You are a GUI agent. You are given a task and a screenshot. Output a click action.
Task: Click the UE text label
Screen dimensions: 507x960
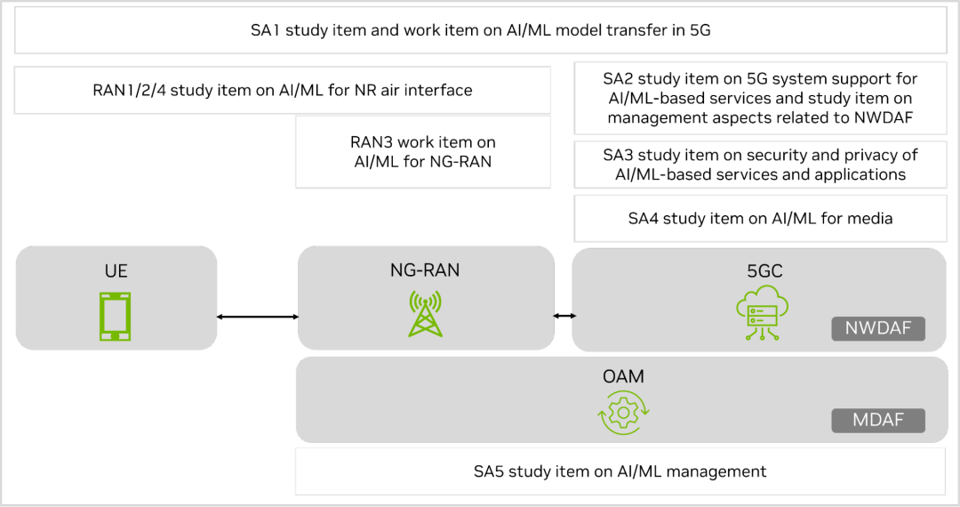[116, 271]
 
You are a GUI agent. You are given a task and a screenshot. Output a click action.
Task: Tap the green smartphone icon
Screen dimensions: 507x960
[116, 316]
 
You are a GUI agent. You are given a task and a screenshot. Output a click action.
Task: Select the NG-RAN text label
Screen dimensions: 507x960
[425, 270]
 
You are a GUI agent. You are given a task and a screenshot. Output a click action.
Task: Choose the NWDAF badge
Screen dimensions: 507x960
[878, 329]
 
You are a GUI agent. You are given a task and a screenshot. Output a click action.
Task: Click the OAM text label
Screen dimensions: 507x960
[623, 377]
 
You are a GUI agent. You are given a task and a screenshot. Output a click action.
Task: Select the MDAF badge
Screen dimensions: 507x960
[878, 421]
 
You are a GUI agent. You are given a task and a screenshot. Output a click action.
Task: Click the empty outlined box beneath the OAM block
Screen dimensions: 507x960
[620, 471]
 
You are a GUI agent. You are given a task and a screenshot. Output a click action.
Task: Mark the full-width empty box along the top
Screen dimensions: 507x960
[481, 30]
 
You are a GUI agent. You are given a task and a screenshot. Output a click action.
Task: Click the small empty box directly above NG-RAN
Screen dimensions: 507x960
[423, 152]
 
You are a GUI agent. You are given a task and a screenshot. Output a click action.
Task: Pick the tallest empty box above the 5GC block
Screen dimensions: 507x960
[760, 98]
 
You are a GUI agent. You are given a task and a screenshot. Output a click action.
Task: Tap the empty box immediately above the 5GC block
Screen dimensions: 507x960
[760, 218]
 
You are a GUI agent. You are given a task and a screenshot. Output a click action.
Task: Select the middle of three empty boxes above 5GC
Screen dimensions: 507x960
[760, 165]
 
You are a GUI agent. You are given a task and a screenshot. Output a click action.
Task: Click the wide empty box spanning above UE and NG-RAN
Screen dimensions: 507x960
[283, 90]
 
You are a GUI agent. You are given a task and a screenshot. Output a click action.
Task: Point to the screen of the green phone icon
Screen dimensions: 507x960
[116, 314]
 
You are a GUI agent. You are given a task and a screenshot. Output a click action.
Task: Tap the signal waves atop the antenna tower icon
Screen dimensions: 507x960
[425, 300]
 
